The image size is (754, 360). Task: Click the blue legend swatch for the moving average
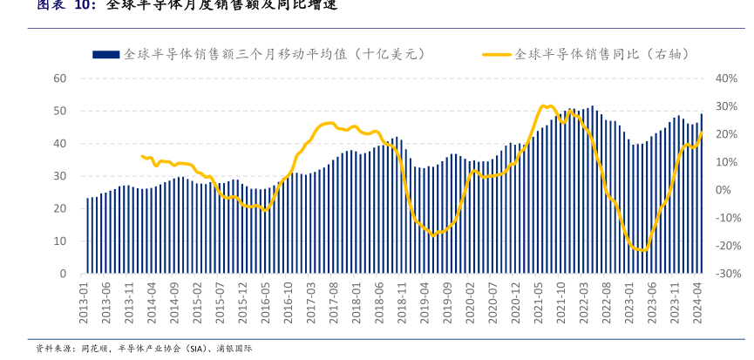point(105,54)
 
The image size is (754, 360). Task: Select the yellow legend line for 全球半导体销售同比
point(497,54)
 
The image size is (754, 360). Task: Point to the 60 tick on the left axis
point(60,78)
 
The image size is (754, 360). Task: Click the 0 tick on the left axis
point(64,274)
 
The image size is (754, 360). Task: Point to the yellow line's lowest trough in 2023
point(643,250)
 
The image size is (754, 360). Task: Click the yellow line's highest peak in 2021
point(542,105)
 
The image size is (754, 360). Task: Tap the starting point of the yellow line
point(142,156)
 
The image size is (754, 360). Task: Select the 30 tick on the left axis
point(60,176)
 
